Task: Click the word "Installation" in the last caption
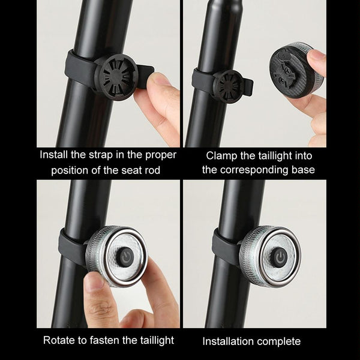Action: (230, 341)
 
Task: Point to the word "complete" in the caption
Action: (281, 342)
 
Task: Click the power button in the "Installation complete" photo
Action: (280, 256)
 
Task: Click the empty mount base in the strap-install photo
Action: (116, 77)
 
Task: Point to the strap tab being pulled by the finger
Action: (145, 75)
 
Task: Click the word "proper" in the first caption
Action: (161, 155)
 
